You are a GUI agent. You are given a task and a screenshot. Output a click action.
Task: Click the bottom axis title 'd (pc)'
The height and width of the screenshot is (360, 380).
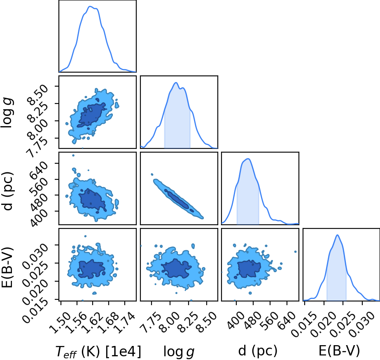[258, 351]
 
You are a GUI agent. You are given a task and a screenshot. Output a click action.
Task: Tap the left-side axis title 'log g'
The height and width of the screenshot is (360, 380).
[8, 113]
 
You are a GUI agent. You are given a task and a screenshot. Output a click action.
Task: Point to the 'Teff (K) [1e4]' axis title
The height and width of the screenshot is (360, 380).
[98, 351]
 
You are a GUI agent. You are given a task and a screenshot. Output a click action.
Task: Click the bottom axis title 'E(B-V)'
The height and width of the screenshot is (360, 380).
[339, 351]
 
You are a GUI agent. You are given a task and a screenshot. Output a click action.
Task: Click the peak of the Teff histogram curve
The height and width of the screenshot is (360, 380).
[90, 6]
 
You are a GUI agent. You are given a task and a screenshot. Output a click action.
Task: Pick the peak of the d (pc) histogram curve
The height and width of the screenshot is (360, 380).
[248, 159]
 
